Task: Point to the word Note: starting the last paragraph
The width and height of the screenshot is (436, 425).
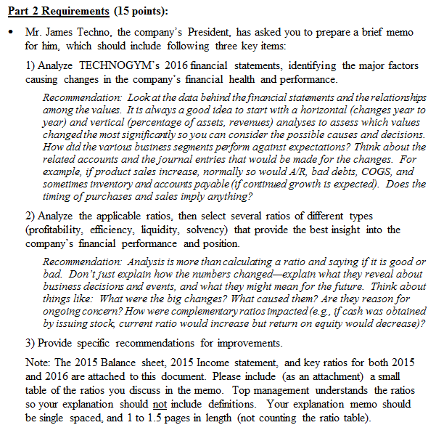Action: pos(37,361)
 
